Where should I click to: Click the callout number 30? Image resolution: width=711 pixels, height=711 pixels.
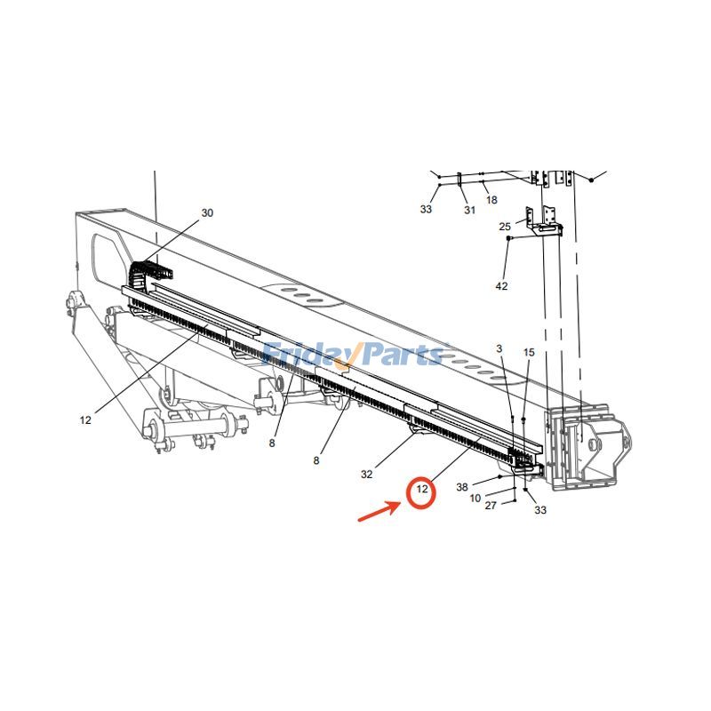click(x=207, y=213)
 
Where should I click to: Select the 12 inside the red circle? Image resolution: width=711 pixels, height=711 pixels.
click(x=422, y=490)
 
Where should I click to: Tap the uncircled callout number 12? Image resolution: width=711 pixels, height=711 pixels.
click(x=85, y=420)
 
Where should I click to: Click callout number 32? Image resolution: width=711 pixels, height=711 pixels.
click(x=367, y=475)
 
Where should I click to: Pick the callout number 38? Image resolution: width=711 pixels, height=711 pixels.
click(x=462, y=487)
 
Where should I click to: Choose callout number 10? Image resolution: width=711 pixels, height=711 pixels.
click(x=475, y=498)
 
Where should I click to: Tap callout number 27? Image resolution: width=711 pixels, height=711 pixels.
click(x=491, y=506)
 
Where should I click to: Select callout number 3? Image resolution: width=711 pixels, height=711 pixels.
click(x=499, y=348)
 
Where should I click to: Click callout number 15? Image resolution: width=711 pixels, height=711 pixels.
click(x=529, y=353)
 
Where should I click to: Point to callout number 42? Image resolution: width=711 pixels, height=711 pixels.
click(x=501, y=285)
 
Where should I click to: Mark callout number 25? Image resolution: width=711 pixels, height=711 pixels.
click(x=505, y=227)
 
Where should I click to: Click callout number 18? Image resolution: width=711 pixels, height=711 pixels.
click(x=491, y=201)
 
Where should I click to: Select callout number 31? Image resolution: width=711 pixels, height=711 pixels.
click(x=469, y=210)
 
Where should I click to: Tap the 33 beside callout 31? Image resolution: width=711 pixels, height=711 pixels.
click(x=427, y=210)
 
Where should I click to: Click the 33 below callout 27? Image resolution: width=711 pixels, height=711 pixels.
click(x=540, y=510)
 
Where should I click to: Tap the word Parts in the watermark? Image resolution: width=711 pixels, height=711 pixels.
click(x=400, y=355)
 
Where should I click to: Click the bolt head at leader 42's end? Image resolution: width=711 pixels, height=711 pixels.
click(x=508, y=239)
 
